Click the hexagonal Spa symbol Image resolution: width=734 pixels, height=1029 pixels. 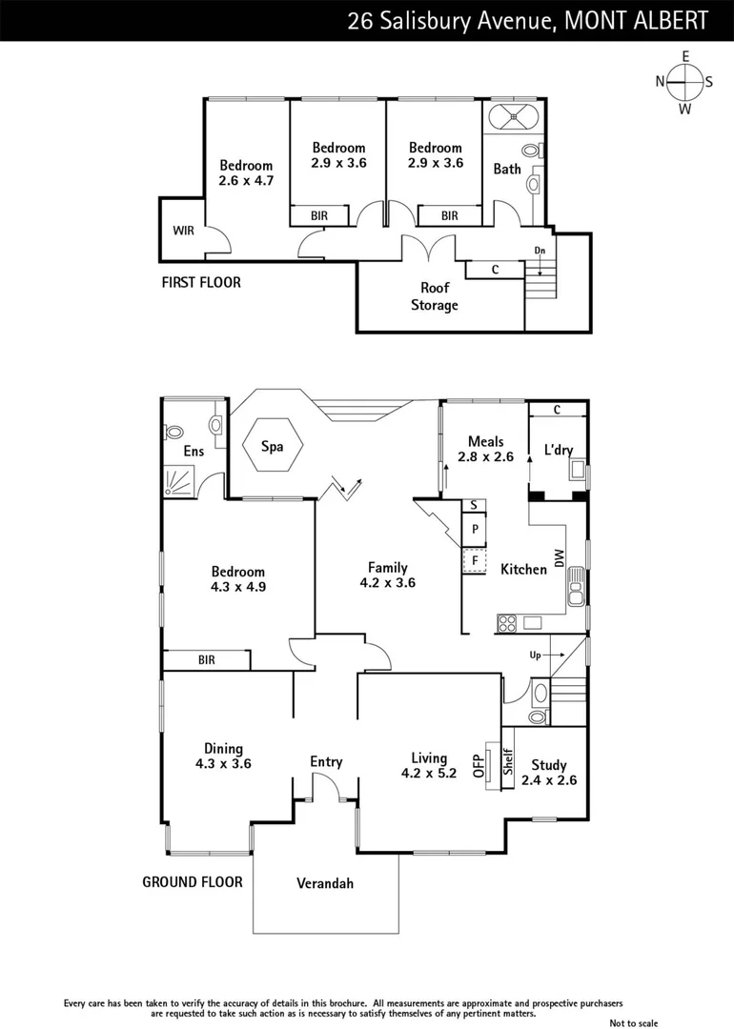coord(272,446)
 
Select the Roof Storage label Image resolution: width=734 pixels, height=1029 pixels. coord(434,296)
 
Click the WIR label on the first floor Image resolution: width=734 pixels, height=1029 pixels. coord(183,231)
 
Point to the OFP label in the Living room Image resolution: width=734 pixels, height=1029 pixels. coord(479,766)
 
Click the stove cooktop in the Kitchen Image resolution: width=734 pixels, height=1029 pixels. coord(507,624)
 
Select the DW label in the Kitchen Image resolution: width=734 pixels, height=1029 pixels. coord(561,555)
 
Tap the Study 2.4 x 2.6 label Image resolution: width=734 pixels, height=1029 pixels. coord(549,772)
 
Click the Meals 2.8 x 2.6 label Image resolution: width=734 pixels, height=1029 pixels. coord(485,449)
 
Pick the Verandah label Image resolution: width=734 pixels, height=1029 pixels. coord(324,883)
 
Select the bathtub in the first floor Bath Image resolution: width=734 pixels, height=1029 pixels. coord(513,118)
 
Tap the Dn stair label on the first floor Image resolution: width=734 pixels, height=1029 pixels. coord(540,252)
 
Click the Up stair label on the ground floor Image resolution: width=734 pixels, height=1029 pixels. coord(536,656)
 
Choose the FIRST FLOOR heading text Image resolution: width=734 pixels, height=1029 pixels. coord(200,282)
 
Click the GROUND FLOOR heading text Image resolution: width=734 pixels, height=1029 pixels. coord(193,881)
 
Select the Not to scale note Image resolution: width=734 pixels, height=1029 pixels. coord(634,1022)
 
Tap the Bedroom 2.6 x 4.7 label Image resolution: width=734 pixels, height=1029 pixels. coord(246,172)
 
